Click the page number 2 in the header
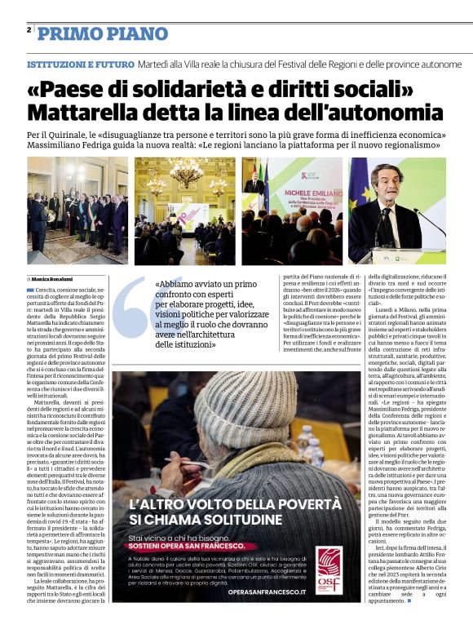tap(29, 30)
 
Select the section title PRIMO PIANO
tap(103, 33)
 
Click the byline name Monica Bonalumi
tap(55, 279)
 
